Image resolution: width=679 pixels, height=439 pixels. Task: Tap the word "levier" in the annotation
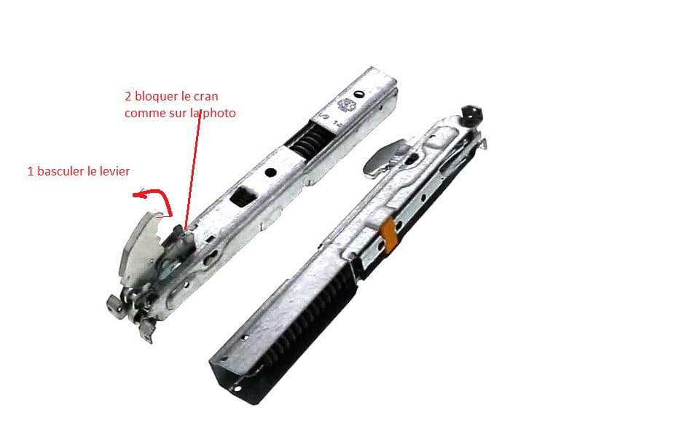[114, 171]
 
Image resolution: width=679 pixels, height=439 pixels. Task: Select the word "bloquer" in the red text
[155, 96]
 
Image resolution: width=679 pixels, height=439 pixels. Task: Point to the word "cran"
[205, 97]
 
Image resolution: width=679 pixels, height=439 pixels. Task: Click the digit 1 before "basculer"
[31, 171]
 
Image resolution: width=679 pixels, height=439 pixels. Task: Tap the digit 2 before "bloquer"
[127, 96]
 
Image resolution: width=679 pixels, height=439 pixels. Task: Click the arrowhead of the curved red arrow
[138, 195]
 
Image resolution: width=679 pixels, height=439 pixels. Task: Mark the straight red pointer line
[193, 170]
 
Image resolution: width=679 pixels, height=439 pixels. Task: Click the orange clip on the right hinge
[388, 234]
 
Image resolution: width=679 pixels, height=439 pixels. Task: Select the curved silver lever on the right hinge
[383, 157]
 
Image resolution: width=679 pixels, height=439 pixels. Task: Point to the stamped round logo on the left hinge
[347, 106]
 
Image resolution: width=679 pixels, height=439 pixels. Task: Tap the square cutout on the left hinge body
[243, 197]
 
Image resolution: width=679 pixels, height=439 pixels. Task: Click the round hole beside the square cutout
[270, 173]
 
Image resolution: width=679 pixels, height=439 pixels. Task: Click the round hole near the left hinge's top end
[358, 94]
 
